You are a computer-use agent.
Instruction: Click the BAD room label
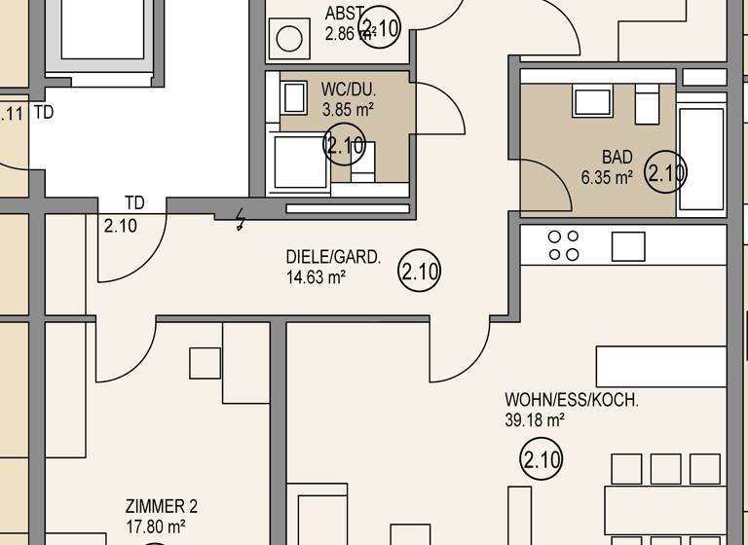617,157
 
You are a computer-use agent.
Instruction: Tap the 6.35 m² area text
607,177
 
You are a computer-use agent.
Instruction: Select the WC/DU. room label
349,90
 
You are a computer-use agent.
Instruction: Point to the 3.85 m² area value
348,109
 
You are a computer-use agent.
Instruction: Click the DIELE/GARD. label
333,258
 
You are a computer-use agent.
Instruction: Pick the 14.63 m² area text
316,277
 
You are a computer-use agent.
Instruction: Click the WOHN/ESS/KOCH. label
572,401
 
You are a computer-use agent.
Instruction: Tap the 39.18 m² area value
533,420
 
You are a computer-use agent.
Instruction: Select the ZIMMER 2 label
162,506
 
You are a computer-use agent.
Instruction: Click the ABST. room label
346,14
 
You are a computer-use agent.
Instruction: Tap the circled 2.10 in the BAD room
667,174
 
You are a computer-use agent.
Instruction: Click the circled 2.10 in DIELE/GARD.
420,272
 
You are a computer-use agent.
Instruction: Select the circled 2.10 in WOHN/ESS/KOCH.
542,459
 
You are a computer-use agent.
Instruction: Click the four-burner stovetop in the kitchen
563,245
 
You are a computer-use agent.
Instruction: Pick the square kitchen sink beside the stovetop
628,246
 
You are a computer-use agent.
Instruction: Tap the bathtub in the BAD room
701,158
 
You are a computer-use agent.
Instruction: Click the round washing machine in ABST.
289,40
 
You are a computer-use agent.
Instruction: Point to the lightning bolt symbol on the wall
240,221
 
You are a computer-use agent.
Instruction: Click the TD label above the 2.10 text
134,203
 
